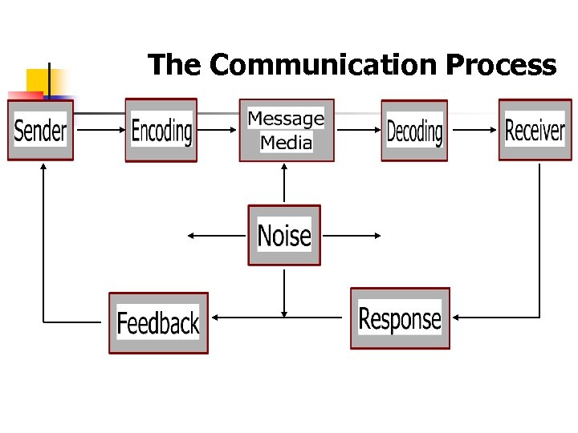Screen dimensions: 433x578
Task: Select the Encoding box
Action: pos(161,130)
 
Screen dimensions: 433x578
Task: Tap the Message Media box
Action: pos(287,130)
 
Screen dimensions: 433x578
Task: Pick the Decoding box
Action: pos(414,130)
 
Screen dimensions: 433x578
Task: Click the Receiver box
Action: pos(535,129)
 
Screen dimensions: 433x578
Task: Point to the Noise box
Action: pos(284,235)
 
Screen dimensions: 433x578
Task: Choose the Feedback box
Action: pos(158,322)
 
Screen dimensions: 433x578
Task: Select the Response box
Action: pos(400,318)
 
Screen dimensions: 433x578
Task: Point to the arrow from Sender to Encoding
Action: pos(99,128)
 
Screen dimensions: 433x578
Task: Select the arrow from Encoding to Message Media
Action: pos(218,128)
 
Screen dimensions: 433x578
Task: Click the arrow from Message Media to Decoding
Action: pos(357,128)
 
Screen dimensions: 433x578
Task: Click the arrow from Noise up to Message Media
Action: pos(284,184)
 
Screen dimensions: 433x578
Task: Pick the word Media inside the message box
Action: pos(287,143)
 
